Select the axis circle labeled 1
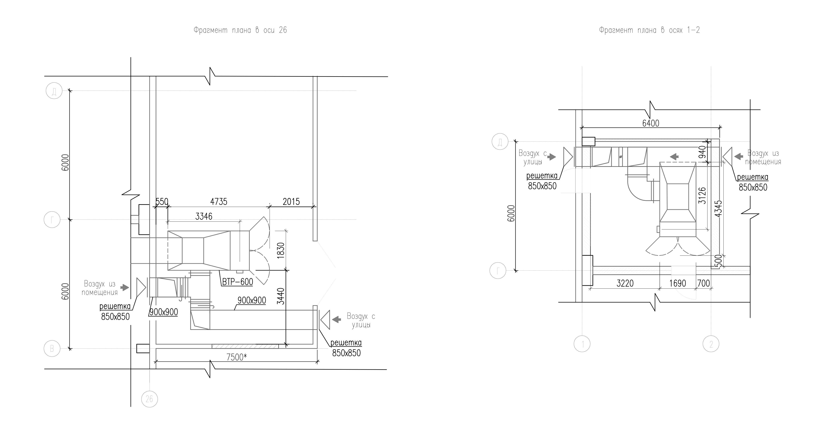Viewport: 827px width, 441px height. [582, 344]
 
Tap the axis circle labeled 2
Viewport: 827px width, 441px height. [711, 344]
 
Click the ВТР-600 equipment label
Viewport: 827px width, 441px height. [238, 282]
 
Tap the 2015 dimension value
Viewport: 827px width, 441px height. [291, 201]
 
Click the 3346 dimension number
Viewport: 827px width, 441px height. [204, 216]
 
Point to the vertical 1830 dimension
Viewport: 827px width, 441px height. [281, 251]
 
